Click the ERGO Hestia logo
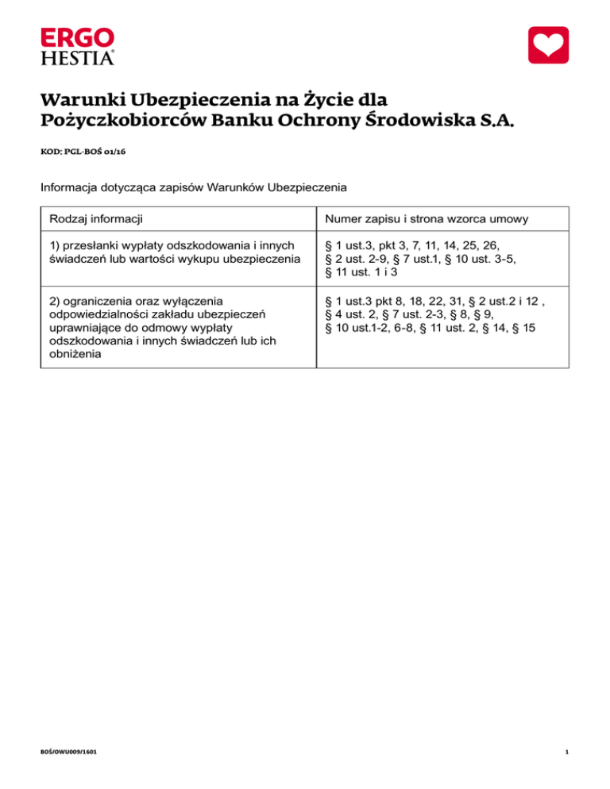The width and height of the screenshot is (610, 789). tap(77, 46)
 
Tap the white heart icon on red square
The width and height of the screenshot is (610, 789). tap(549, 45)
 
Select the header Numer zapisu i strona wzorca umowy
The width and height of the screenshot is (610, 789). tap(420, 218)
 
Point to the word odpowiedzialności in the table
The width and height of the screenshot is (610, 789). tap(100, 315)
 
